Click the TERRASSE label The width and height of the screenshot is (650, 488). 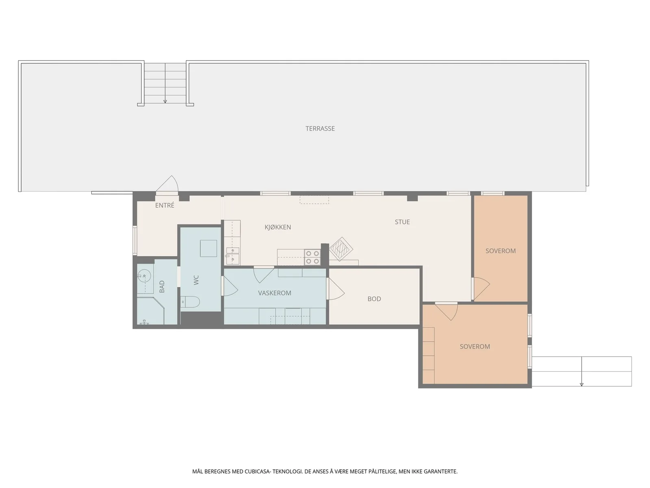(x=320, y=129)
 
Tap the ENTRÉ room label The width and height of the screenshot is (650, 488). (x=165, y=205)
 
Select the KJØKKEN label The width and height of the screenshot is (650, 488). (x=277, y=227)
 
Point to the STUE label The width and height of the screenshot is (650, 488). (x=402, y=222)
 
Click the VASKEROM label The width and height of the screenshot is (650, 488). (x=275, y=293)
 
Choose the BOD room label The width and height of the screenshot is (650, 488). (x=374, y=299)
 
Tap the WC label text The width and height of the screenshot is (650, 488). (x=196, y=280)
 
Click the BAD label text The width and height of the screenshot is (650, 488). (x=162, y=287)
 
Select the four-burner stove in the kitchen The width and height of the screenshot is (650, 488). (x=312, y=257)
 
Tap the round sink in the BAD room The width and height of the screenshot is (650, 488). (x=144, y=276)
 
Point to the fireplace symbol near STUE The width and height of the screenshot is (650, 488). (x=341, y=249)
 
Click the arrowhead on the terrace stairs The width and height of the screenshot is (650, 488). (x=165, y=102)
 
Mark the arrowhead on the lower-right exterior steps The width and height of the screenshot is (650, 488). (x=581, y=385)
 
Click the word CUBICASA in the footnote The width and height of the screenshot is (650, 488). (x=257, y=471)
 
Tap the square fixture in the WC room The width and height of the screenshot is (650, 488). (x=208, y=248)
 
